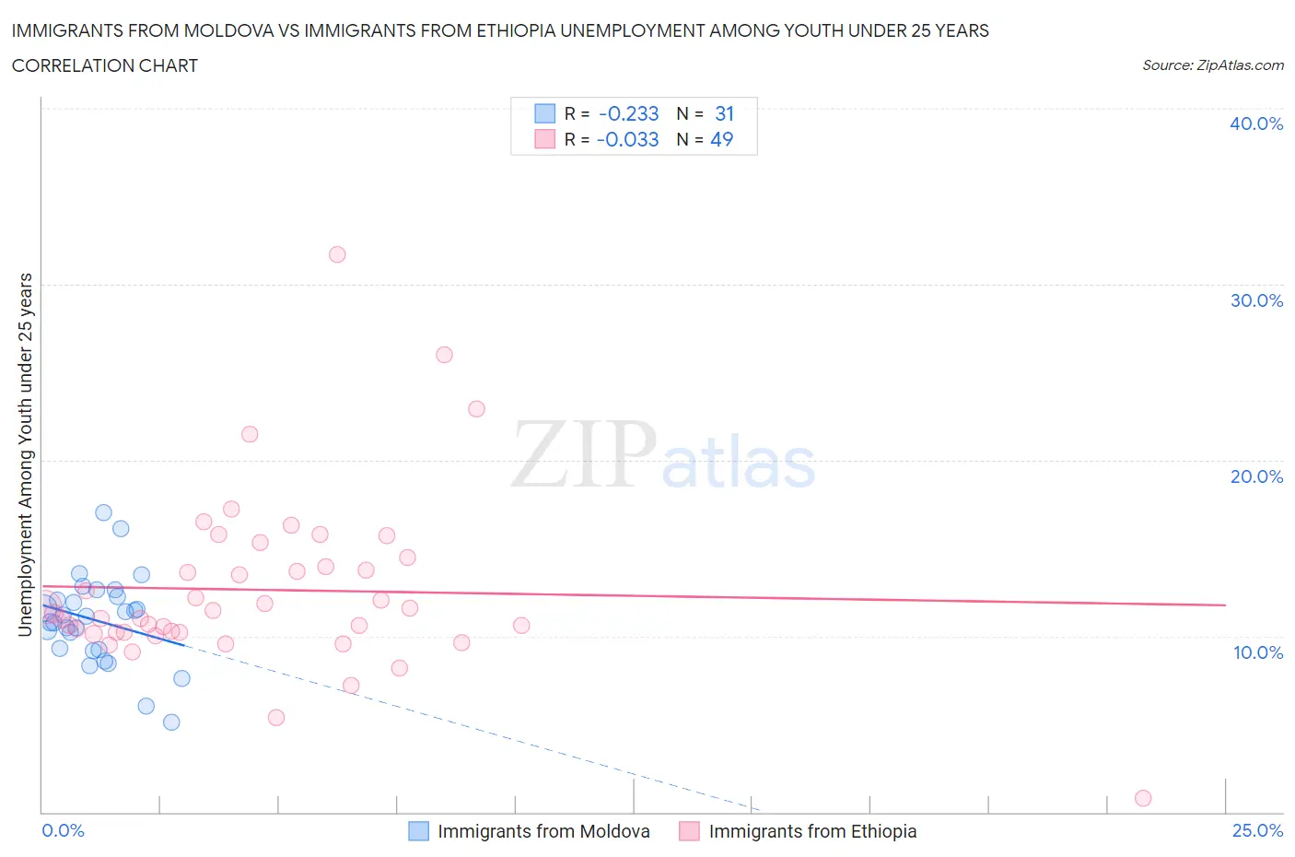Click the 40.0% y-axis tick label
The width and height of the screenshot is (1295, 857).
[1255, 123]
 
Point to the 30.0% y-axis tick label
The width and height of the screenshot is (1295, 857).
[1255, 300]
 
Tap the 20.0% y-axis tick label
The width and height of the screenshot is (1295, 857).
[1255, 476]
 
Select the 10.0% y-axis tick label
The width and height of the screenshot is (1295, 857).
[1257, 652]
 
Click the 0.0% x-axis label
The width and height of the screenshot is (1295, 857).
[63, 830]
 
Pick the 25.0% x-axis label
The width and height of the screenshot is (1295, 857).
[1257, 830]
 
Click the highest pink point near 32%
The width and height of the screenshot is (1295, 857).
[337, 254]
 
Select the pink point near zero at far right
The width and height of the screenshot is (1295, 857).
[1143, 798]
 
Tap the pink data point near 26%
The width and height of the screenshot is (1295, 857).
[444, 355]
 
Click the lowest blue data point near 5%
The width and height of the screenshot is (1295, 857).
[171, 722]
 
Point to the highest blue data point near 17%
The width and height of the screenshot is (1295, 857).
[103, 512]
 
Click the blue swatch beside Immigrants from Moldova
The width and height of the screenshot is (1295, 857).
[418, 831]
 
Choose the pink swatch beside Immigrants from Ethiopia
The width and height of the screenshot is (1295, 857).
[689, 831]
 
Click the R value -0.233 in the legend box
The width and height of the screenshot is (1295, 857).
[628, 113]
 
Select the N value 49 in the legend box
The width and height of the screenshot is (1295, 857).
[721, 139]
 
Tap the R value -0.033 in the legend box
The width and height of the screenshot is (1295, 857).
[627, 139]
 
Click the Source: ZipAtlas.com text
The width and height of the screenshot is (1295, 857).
[1212, 65]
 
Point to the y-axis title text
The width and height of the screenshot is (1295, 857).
[25, 454]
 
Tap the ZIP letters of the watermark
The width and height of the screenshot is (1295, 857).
[583, 454]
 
